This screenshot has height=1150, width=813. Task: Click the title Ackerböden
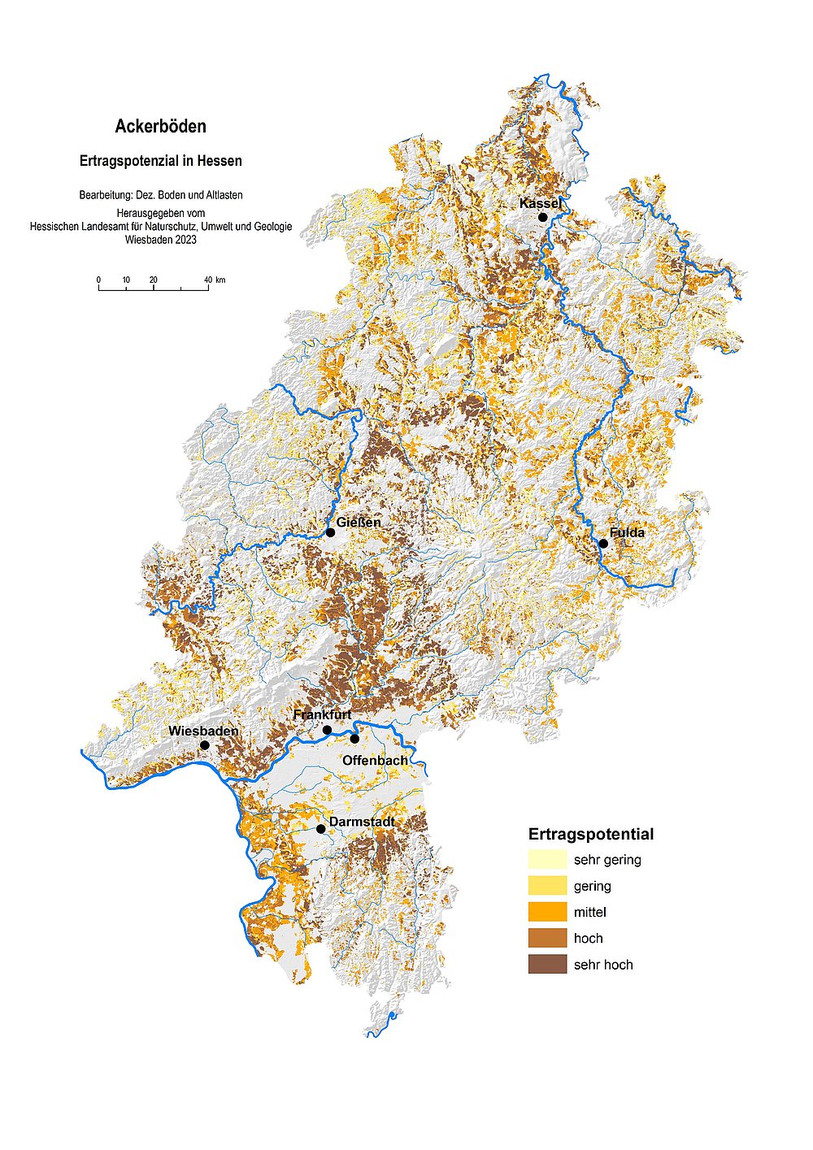160,127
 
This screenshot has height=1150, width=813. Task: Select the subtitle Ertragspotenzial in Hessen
160,161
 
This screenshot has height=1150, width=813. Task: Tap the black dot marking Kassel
543,217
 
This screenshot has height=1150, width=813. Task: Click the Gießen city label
359,522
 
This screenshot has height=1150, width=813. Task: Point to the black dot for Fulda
603,544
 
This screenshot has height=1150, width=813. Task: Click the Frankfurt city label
322,714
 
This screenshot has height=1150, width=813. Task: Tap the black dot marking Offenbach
354,739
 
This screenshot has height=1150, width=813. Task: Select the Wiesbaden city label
203,731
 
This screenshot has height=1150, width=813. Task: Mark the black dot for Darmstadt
320,829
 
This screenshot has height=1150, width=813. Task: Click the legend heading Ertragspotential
590,834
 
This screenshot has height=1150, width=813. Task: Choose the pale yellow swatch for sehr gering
547,859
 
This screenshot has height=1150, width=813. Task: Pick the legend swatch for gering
547,886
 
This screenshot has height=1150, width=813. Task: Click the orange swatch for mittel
547,912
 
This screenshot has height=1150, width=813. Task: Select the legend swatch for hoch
547,938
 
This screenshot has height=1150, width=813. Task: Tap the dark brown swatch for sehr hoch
547,965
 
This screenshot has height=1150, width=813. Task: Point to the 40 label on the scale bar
208,280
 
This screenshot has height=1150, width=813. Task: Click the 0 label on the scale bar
99,280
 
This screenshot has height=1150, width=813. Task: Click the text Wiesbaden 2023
160,240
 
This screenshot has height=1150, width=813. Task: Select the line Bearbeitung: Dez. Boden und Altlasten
160,195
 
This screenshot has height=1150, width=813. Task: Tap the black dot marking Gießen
330,532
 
